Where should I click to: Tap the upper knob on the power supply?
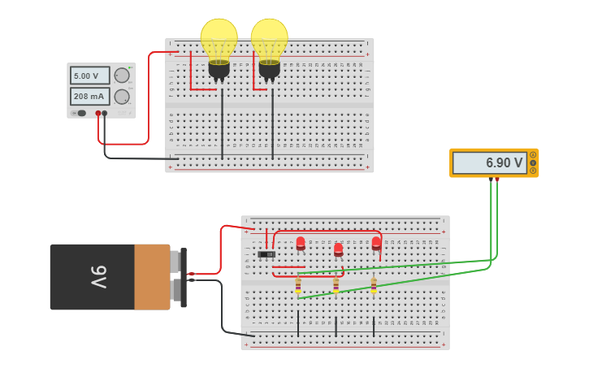(x=122, y=76)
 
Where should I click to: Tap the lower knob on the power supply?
(x=122, y=97)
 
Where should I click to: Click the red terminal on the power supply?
(x=98, y=113)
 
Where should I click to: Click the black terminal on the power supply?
(x=105, y=113)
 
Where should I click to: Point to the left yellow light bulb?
(x=219, y=42)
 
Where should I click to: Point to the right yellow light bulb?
(x=269, y=42)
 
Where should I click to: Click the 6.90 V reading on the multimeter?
(x=489, y=162)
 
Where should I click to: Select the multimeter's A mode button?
(x=533, y=154)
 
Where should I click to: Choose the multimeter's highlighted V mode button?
(x=533, y=162)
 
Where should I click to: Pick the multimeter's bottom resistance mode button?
(x=533, y=171)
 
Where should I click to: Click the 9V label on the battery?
(x=97, y=277)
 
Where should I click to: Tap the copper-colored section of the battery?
(x=152, y=277)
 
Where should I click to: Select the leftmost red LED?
(x=301, y=242)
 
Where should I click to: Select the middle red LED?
(x=338, y=249)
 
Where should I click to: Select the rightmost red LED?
(x=376, y=242)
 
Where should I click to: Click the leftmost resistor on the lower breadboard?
(x=298, y=285)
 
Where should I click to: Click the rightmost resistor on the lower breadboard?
(x=374, y=285)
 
